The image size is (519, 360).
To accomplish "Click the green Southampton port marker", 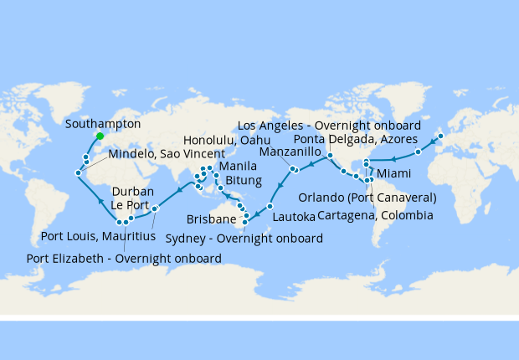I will (99, 136).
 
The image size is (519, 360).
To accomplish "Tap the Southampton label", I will (102, 124).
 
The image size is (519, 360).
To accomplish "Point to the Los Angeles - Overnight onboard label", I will (329, 126).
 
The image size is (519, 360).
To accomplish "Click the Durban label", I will (132, 191).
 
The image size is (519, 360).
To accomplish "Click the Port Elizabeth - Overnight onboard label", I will (125, 259).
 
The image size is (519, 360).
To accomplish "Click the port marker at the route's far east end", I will (441, 136).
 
